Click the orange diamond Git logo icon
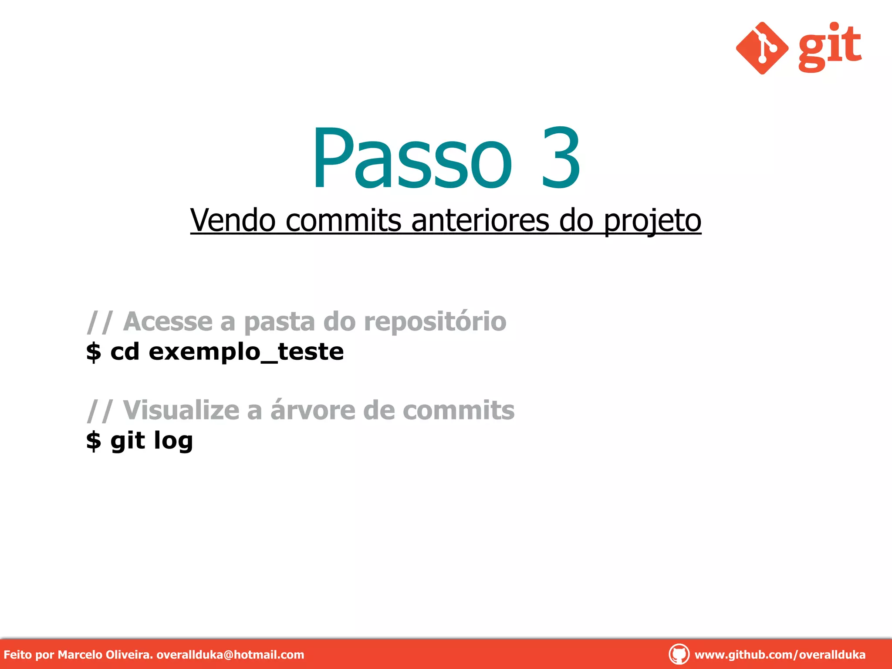tap(762, 48)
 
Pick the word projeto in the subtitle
tap(652, 221)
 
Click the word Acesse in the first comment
tap(168, 321)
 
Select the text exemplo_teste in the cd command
tap(246, 351)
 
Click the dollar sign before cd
tap(94, 352)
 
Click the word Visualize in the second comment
tap(181, 410)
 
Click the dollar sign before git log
tap(94, 441)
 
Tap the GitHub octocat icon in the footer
tap(679, 654)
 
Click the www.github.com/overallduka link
tap(780, 655)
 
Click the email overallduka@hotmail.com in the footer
tap(230, 655)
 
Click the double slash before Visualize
tap(100, 410)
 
